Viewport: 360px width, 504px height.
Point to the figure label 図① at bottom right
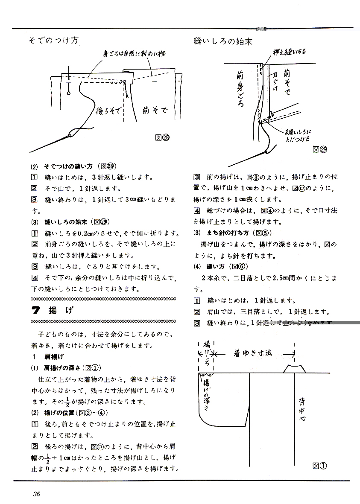319,466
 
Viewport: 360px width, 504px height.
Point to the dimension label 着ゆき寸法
253,353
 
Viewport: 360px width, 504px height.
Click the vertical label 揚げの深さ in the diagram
206,394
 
